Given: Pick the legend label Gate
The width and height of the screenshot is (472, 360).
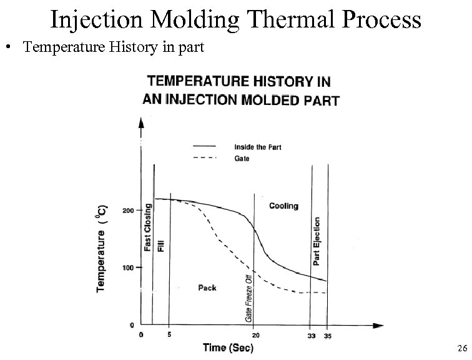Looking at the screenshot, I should point(242,158).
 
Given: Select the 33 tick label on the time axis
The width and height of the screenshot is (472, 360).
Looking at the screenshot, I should point(310,336).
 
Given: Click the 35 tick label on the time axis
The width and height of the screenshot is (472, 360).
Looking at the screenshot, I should point(327,336).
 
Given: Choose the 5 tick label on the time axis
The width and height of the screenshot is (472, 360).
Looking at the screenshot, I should point(170,334).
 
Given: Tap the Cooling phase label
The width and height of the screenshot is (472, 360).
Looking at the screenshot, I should point(283,206).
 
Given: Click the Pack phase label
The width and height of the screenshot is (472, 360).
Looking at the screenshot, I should point(207,288).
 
